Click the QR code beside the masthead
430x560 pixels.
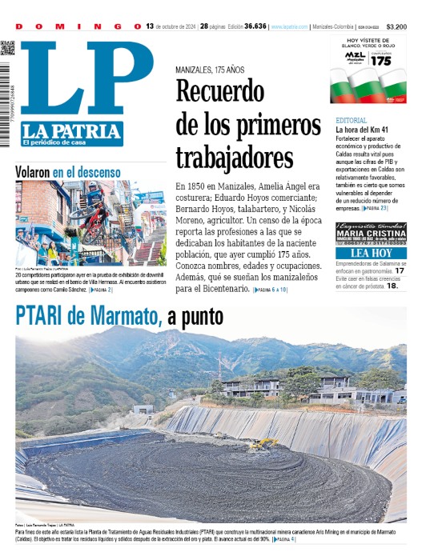pyautogui.click(x=7, y=48)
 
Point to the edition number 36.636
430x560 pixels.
pyautogui.click(x=255, y=26)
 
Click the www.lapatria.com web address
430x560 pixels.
pyautogui.click(x=289, y=26)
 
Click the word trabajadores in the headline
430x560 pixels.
pyautogui.click(x=235, y=156)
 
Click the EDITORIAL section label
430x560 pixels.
pyautogui.click(x=352, y=120)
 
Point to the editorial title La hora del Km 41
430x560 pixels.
pyautogui.click(x=363, y=130)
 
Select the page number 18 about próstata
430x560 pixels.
pyautogui.click(x=392, y=285)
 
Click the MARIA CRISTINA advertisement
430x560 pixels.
pyautogui.click(x=372, y=234)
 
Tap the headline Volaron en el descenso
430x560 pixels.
pyautogui.click(x=68, y=171)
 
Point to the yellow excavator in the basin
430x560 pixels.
pyautogui.click(x=266, y=442)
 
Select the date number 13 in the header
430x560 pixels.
pyautogui.click(x=150, y=26)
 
